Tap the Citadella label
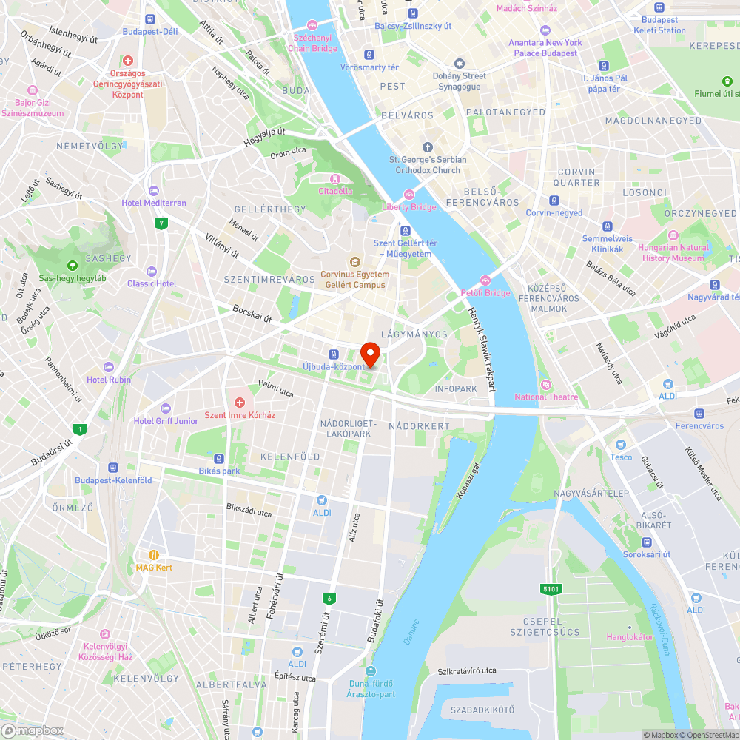(x=335, y=191)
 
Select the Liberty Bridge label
(x=409, y=207)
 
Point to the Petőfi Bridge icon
(x=485, y=280)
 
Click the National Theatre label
(x=546, y=397)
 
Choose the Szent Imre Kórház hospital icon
(x=240, y=403)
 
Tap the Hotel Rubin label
(x=109, y=380)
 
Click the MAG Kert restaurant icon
(x=154, y=554)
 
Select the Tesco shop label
(x=621, y=457)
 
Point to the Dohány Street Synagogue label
(x=460, y=81)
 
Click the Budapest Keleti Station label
(x=659, y=25)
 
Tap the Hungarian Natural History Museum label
(x=673, y=253)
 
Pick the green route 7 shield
(x=160, y=223)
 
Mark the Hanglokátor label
(x=630, y=636)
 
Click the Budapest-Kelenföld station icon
(x=113, y=468)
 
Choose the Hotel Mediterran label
(x=154, y=203)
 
